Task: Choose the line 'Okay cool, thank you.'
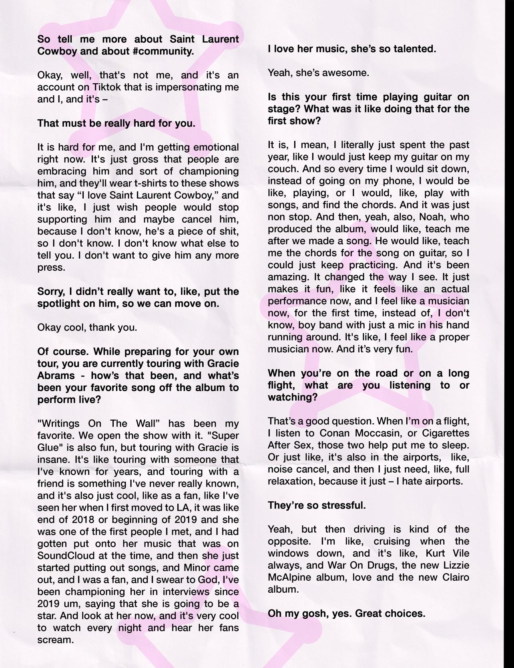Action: (87, 328)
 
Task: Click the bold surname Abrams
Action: (56, 376)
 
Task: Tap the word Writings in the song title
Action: (60, 424)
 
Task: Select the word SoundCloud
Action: (65, 556)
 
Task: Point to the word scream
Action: (55, 640)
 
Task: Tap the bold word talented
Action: (411, 49)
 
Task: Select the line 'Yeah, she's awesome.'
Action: (318, 73)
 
